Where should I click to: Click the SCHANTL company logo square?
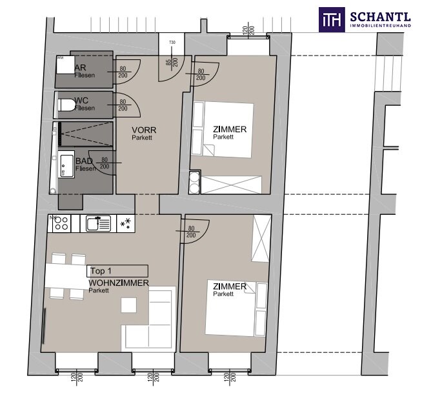point(332,19)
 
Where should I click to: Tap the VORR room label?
point(144,130)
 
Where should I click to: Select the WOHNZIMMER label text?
point(119,283)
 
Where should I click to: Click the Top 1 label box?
point(117,271)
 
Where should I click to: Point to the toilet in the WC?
point(66,105)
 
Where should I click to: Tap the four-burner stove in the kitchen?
point(59,223)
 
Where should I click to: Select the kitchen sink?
point(98,223)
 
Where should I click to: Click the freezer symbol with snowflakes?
point(126,223)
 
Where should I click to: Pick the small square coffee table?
point(128,305)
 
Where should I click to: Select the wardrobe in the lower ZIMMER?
point(261,238)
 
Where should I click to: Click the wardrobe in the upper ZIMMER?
point(232,185)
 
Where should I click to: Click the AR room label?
point(80,67)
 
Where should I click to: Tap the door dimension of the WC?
point(123,105)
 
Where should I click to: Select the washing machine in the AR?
point(65,65)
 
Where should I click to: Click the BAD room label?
point(84,161)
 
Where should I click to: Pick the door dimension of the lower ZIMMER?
point(191,232)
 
